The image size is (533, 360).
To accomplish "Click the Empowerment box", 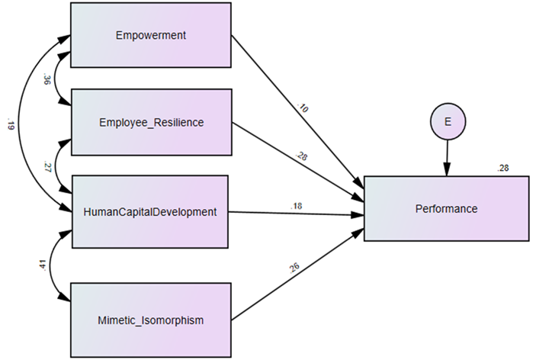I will click(x=150, y=35).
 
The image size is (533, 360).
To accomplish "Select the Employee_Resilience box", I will click(x=150, y=121).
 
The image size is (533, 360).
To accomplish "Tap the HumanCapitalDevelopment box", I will click(x=150, y=211).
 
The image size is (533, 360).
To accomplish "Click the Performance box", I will click(x=445, y=207).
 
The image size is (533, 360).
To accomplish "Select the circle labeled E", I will click(x=447, y=122).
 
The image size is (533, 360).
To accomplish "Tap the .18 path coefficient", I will click(x=297, y=204).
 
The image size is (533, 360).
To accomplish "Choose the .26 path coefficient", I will click(x=295, y=268).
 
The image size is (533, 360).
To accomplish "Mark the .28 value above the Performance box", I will click(x=502, y=168).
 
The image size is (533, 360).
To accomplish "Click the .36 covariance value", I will click(x=47, y=79).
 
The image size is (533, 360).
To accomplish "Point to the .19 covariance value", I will click(x=10, y=124).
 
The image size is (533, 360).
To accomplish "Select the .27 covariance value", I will click(x=46, y=167).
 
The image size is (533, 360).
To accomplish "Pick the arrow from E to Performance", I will click(x=447, y=156).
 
